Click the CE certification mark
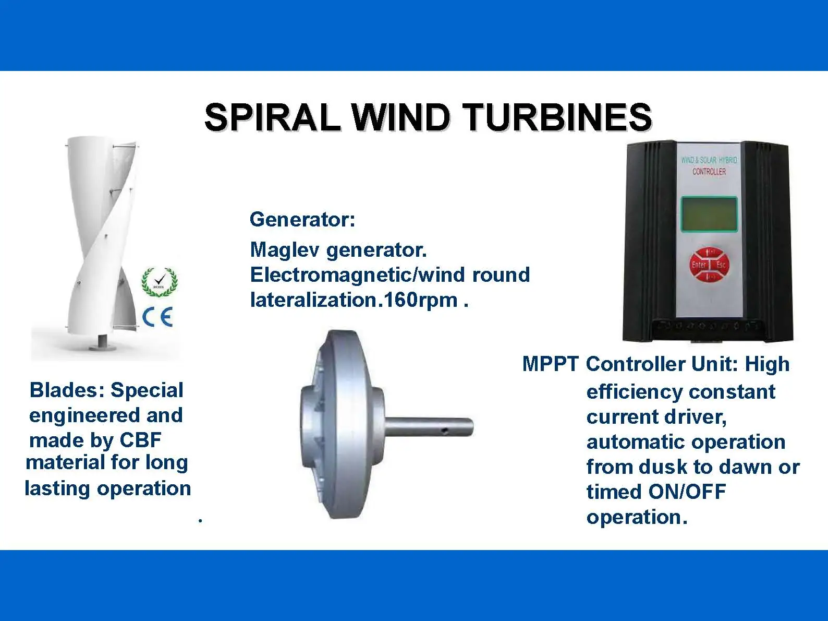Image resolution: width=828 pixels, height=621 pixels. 157,317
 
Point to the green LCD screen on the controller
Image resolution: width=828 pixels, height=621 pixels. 709,214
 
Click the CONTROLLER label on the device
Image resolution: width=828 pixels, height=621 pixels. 709,172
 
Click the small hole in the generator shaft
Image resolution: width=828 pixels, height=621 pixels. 444,431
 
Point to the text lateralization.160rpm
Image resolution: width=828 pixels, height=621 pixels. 354,300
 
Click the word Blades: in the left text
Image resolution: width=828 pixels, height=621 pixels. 67,390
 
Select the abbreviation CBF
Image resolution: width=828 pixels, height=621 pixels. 141,440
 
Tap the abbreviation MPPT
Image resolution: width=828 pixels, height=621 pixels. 551,364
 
